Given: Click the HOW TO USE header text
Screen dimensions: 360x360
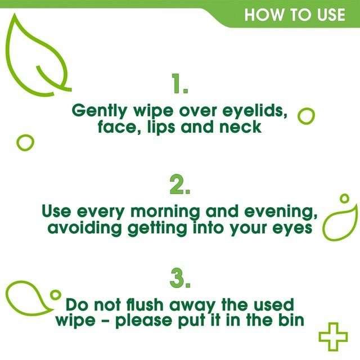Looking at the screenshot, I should point(294,14).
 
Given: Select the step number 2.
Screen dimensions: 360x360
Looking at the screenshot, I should point(180,184).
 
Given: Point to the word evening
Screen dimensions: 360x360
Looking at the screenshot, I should point(279,212).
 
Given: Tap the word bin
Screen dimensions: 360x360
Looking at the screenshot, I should point(289,321).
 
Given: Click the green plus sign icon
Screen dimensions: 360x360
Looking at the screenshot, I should point(333,336).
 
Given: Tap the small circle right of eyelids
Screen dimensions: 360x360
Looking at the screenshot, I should point(305,116).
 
